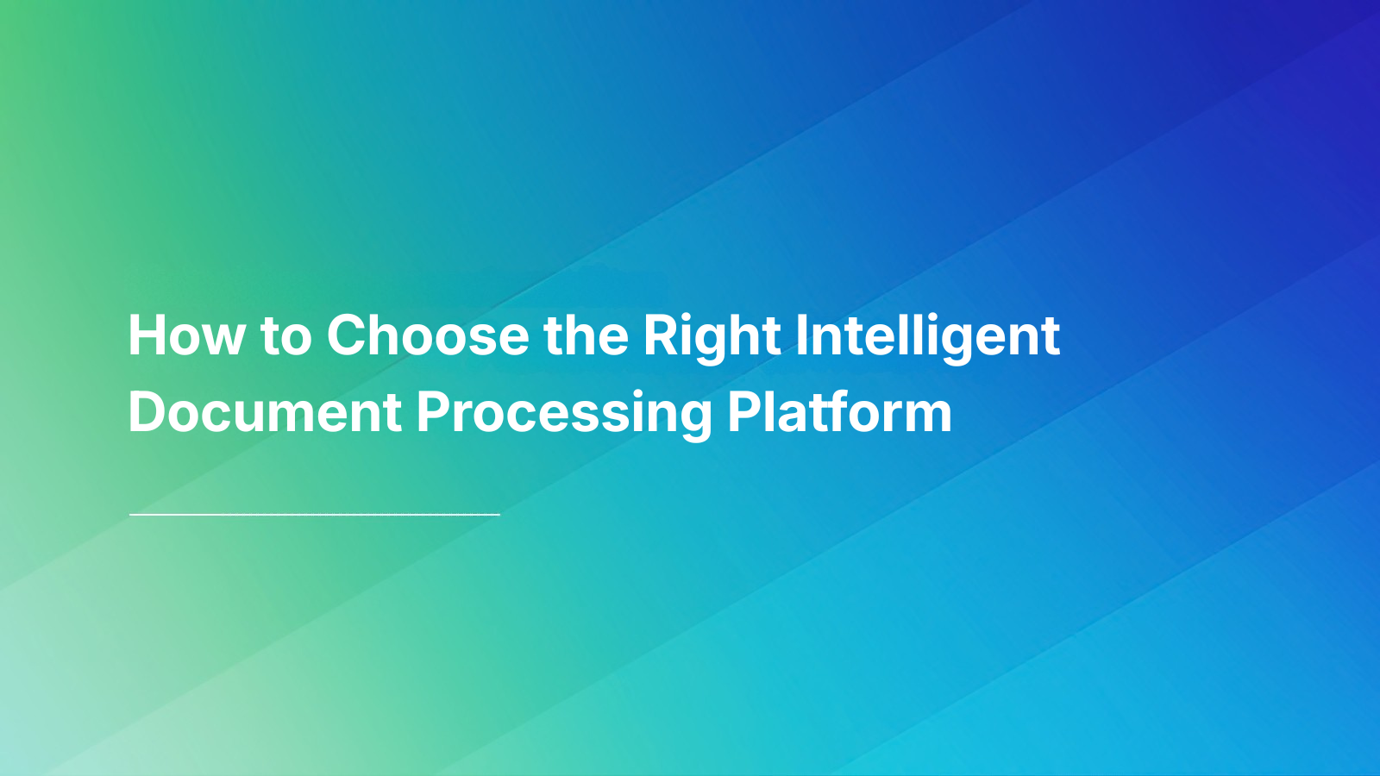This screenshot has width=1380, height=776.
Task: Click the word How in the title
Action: [186, 335]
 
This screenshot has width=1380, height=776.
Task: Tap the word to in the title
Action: [285, 336]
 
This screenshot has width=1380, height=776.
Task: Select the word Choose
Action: [428, 335]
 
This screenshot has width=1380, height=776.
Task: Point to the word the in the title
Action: [586, 335]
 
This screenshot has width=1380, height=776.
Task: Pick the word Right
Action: [712, 336]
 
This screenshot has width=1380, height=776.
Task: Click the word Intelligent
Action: [927, 336]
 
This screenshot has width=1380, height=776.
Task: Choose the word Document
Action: [265, 412]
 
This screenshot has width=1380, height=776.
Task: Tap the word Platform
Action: [839, 412]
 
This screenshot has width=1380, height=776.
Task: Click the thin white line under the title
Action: [315, 515]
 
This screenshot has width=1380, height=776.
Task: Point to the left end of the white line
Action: [131, 515]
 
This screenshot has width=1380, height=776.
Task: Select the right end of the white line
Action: [499, 515]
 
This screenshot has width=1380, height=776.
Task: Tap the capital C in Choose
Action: [348, 335]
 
